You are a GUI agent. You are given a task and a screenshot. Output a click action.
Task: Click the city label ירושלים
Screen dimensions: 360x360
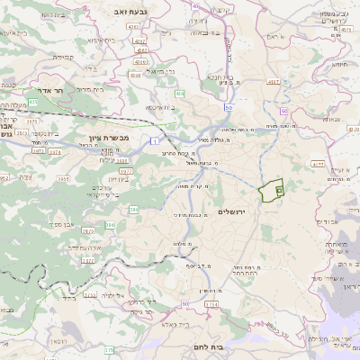coord(232,211)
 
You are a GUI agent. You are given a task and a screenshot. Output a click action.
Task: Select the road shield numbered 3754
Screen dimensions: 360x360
coord(211,304)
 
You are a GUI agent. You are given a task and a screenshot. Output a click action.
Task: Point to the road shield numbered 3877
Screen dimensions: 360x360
coord(127,170)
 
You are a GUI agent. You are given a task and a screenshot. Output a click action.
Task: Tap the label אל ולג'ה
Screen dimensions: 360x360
coord(112,294)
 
